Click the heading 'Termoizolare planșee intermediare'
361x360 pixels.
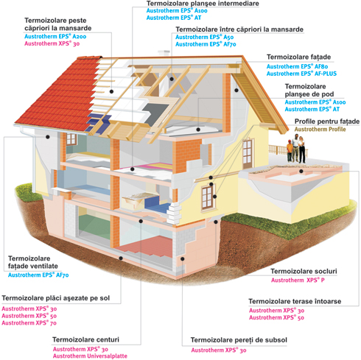click(x=203, y=4)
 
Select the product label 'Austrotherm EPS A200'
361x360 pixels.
click(x=55, y=37)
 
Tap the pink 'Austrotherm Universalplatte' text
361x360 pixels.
click(x=90, y=356)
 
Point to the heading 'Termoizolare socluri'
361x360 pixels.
click(x=304, y=271)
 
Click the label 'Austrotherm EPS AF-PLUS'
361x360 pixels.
click(x=301, y=74)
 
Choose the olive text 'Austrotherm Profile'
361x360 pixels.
click(x=320, y=130)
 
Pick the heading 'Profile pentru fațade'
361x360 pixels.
click(x=327, y=121)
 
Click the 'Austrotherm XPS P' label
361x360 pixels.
click(x=298, y=280)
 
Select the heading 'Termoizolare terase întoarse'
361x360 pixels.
click(x=295, y=301)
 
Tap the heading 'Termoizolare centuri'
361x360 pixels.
click(x=85, y=339)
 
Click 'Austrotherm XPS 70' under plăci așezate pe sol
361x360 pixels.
click(x=29, y=323)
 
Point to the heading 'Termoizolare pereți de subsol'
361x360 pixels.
click(x=239, y=340)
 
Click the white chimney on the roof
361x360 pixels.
click(x=164, y=53)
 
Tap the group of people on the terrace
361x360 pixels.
click(x=297, y=149)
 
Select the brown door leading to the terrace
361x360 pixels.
click(x=248, y=154)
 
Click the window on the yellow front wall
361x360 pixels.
click(x=208, y=197)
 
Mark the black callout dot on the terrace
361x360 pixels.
click(x=301, y=172)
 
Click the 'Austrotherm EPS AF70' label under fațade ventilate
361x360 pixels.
click(x=38, y=275)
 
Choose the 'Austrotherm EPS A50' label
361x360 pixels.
click(x=205, y=37)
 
